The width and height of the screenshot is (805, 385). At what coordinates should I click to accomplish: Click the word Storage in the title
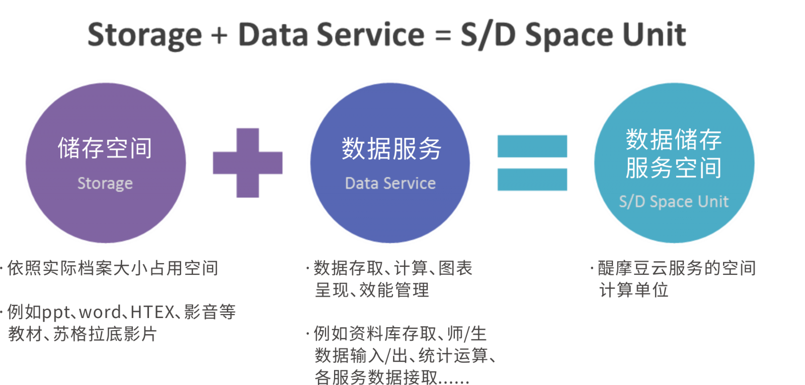[144, 35]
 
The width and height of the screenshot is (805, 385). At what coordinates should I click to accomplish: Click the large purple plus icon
[248, 163]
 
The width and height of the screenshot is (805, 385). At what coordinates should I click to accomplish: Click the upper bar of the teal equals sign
[532, 146]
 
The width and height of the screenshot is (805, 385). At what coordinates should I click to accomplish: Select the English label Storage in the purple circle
[105, 184]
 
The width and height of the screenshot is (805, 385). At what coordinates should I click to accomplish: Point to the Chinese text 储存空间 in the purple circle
[105, 148]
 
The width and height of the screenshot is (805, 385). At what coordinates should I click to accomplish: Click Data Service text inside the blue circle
[390, 184]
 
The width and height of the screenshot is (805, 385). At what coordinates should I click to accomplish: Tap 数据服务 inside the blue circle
[391, 148]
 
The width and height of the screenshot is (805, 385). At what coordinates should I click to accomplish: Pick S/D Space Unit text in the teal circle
[674, 202]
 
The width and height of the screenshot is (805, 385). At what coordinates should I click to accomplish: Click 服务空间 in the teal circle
[674, 168]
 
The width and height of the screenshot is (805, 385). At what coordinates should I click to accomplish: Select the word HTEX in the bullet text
[152, 313]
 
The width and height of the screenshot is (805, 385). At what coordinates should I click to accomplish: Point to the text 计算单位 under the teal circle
[633, 290]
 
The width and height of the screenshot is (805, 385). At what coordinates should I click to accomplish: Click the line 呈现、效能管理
[372, 290]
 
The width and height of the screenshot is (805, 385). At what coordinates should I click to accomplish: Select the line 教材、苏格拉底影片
[83, 334]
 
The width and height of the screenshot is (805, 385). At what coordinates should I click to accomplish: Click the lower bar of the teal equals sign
[532, 180]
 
